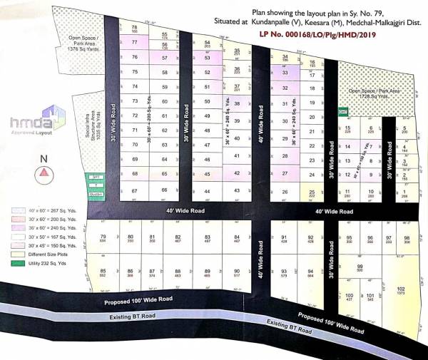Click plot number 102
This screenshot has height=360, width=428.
(x=401, y=291)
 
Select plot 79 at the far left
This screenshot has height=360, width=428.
(x=103, y=238)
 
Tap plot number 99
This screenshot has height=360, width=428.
(x=360, y=269)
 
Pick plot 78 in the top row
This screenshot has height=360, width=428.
(x=135, y=29)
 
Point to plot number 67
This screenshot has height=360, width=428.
(x=133, y=191)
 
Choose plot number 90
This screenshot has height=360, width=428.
(x=236, y=273)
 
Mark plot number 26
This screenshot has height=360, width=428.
(x=285, y=192)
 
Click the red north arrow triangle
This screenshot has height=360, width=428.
(x=44, y=171)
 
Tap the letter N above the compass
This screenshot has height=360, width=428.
(x=44, y=158)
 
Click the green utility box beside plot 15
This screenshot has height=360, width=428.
(x=342, y=112)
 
